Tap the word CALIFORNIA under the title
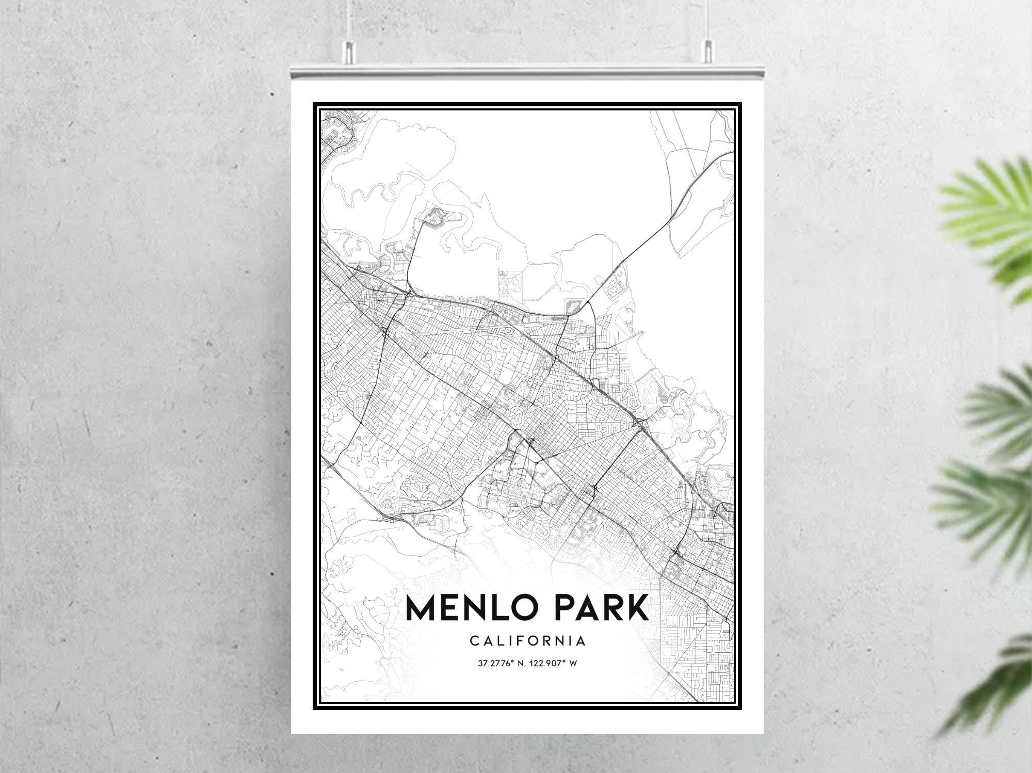click(528, 641)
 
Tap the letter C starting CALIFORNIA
click(473, 641)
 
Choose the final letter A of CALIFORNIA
click(582, 641)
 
